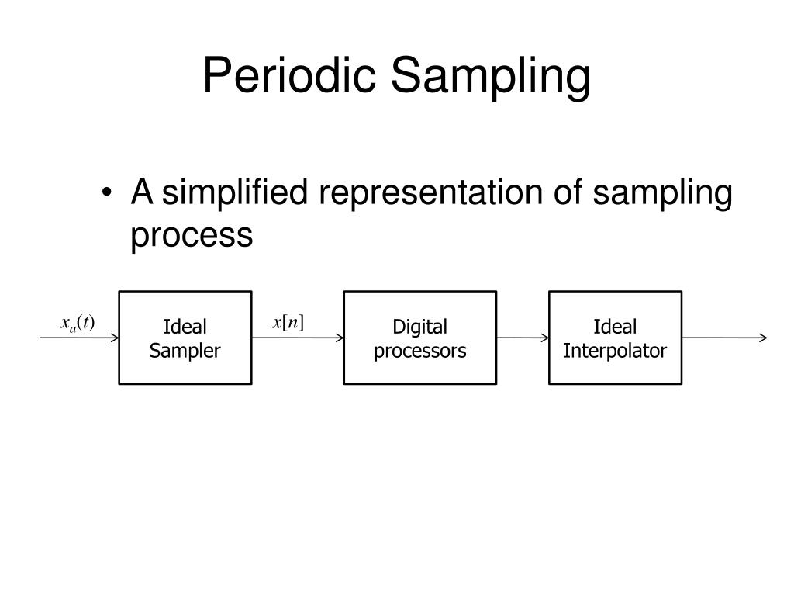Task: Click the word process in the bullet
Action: pos(192,235)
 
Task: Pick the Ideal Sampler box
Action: pos(185,338)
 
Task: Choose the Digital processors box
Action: pos(419,338)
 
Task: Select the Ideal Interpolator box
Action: pos(615,338)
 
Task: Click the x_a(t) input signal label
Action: pos(78,323)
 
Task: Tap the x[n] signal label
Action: pos(288,322)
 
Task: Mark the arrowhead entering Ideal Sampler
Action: pos(114,338)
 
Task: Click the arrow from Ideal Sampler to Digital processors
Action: pos(298,338)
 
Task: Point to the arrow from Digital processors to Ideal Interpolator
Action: pos(523,338)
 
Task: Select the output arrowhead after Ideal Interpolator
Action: pos(763,338)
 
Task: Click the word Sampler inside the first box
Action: pos(185,351)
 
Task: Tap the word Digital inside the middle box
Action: pos(419,327)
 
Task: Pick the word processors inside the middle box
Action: pos(419,351)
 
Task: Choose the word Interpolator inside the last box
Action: pos(615,351)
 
